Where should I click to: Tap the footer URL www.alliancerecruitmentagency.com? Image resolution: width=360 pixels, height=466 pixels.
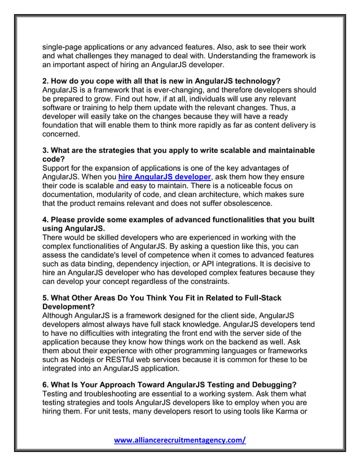tap(180, 441)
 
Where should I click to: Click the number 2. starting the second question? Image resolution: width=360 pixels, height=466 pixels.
tap(47, 81)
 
